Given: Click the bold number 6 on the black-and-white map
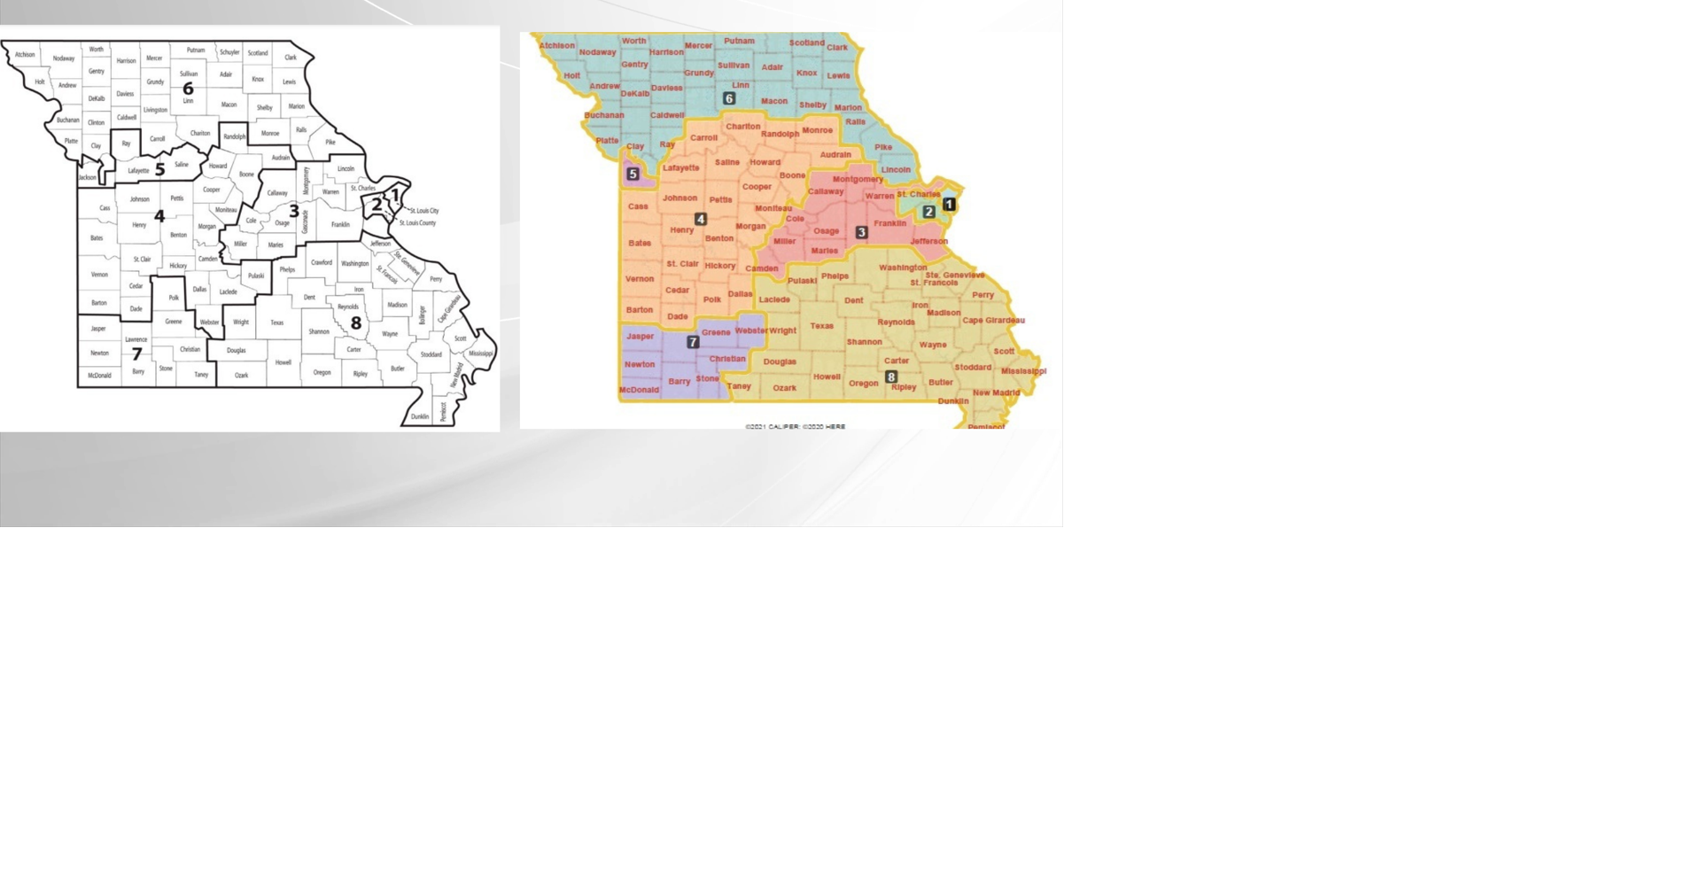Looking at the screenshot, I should coord(188,89).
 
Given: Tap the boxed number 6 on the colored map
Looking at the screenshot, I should coord(729,98).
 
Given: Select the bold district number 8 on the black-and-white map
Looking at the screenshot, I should coord(356,323).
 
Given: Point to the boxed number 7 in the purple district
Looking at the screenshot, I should coord(693,342).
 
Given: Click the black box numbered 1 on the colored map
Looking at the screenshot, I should coord(949,204).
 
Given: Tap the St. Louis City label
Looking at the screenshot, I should coord(424,211).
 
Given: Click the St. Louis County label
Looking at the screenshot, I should coord(417,222).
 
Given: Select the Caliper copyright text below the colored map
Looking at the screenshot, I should coord(795,427).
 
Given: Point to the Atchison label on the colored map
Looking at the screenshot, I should coord(557,45).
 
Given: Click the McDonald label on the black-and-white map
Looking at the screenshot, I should coord(99,376).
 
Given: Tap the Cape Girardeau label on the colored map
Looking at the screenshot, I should coord(993,321).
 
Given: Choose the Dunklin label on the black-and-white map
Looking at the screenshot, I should coord(420,416).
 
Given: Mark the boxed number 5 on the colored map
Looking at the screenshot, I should coord(633,175).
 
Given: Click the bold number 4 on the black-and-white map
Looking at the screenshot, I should coord(159,216).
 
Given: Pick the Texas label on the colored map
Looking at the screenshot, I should coord(821,326).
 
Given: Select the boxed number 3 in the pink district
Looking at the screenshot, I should coord(861,232).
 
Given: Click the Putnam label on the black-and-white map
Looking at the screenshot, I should coord(196,50).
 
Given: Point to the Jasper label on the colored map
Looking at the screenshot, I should coord(640,337).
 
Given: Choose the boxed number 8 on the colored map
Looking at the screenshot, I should coord(891,377).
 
